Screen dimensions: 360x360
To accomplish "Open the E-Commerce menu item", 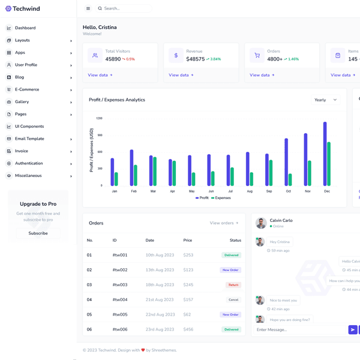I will (27, 89).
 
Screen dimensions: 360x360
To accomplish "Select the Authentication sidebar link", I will (29, 163).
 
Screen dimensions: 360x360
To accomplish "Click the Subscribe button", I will (38, 233).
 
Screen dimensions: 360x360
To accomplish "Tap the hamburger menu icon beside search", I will (88, 8).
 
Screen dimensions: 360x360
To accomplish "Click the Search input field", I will (125, 8).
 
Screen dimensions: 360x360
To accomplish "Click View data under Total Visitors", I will (100, 75).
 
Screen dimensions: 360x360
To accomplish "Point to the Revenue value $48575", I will (195, 59).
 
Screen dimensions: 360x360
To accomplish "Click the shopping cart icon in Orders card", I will (257, 55).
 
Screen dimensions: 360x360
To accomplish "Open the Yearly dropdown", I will (326, 100).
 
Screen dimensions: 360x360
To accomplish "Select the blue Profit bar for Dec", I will (325, 154).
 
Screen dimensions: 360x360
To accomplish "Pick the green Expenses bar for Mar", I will (155, 171).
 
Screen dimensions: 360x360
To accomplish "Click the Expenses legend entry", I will (221, 198).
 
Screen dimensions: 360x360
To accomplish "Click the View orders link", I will (224, 223).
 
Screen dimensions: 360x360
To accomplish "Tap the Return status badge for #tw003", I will (233, 285).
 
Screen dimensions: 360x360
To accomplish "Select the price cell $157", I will (188, 299).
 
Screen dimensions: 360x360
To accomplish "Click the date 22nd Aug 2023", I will (160, 314).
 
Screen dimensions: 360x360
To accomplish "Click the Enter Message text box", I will (298, 329).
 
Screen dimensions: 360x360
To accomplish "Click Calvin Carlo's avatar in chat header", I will (260, 223).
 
